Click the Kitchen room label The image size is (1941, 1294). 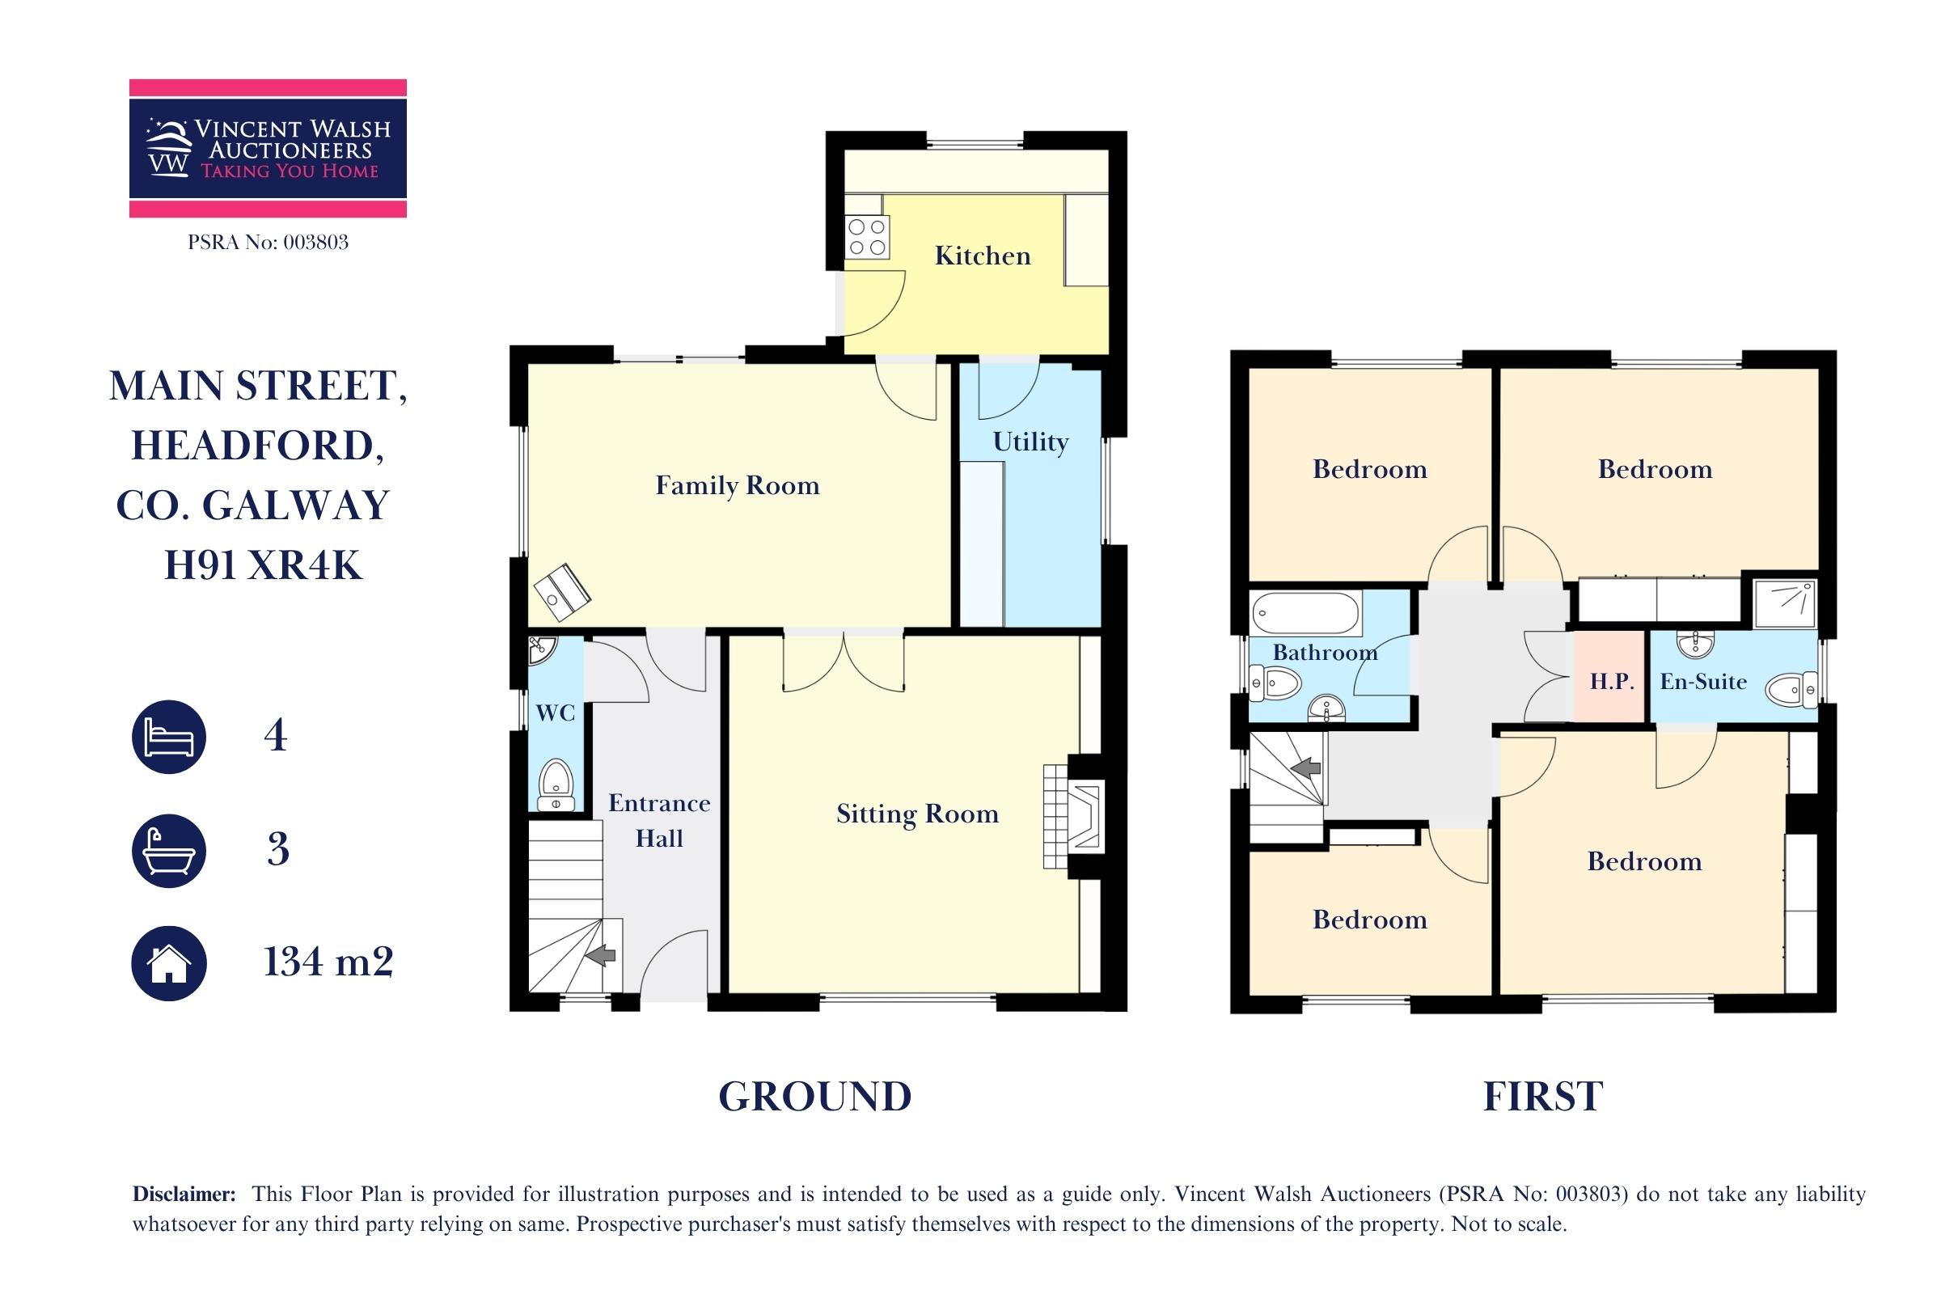pos(982,256)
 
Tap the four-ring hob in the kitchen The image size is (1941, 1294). pos(866,237)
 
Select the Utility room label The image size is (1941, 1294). pos(1030,442)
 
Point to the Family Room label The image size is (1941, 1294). pos(737,485)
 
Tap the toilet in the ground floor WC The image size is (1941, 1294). pos(556,784)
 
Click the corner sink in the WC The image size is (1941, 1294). pos(542,649)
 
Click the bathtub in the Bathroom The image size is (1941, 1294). pos(1305,613)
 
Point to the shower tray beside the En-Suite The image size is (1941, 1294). pos(1784,603)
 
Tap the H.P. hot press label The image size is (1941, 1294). pos(1612,682)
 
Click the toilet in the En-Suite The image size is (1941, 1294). pos(1791,690)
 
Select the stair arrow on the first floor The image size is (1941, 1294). pos(1305,768)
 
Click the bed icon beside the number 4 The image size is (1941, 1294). pos(169,737)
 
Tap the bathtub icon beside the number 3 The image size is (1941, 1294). pos(169,851)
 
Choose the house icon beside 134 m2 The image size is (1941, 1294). pos(169,963)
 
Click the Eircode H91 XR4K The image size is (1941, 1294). pos(264,565)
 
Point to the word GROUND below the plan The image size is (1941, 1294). pos(815,1097)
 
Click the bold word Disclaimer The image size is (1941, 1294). pos(184,1195)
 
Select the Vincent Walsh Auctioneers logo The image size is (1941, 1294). pos(269,149)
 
